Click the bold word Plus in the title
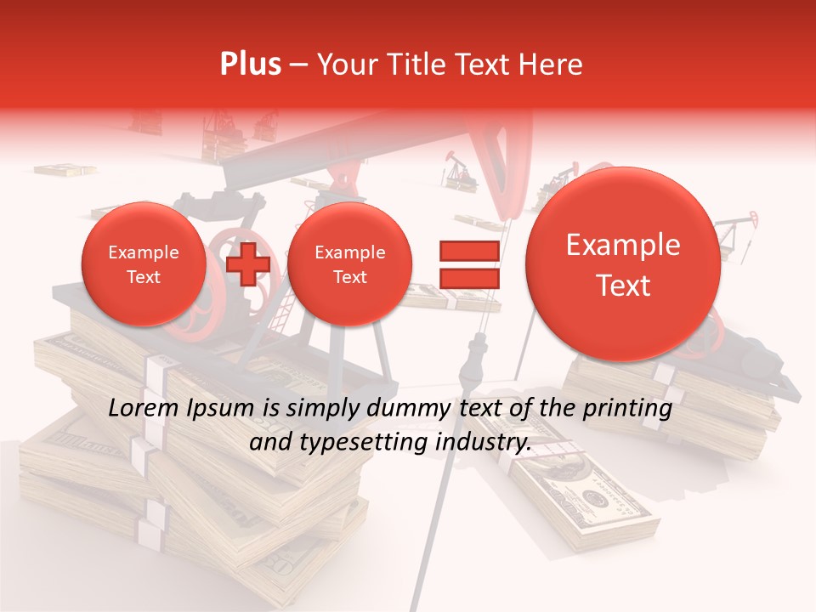[250, 65]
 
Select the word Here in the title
[551, 65]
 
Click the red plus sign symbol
[248, 264]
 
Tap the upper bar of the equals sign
[468, 251]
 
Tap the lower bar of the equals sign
[468, 278]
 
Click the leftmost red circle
[144, 264]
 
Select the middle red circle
[349, 264]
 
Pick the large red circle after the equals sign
[623, 264]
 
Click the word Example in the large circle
[623, 245]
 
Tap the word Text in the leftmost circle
[144, 277]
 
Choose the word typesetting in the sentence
[356, 442]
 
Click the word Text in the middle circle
[349, 277]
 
